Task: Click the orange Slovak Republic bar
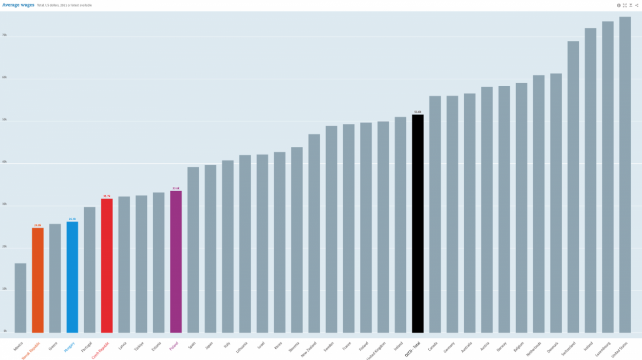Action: click(37, 280)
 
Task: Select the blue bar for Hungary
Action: click(72, 277)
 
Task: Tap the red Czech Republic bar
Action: click(107, 266)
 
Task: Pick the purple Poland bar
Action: click(176, 261)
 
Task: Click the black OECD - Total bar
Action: click(418, 223)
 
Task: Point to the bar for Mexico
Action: click(21, 298)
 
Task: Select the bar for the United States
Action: click(625, 175)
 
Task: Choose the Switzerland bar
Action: click(573, 187)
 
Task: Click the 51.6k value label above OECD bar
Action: click(418, 112)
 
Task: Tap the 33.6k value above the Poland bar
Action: click(176, 188)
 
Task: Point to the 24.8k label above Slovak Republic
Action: click(37, 225)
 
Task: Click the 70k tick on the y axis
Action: click(5, 35)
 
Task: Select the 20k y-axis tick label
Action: click(5, 247)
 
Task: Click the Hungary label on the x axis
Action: click(69, 347)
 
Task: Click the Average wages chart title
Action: click(18, 5)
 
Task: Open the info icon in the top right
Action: click(619, 5)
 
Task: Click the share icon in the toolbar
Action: click(637, 5)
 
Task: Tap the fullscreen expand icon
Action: click(625, 5)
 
